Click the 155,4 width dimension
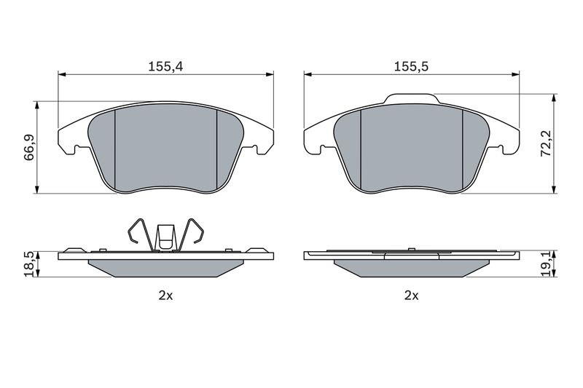165,67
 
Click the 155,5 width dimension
411,67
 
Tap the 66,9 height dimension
29,147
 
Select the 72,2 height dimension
545,143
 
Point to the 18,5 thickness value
31,264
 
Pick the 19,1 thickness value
546,264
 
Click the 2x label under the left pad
165,296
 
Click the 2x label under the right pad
411,296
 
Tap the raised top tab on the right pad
412,98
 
